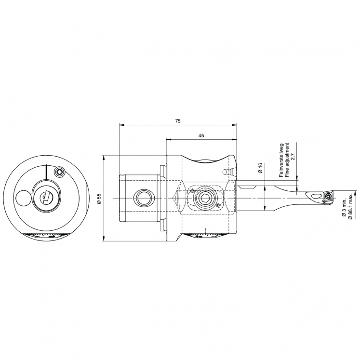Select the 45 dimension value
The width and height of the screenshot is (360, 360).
[201, 136]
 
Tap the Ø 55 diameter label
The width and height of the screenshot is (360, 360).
[99, 199]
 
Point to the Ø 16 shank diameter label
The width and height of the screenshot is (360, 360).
[260, 168]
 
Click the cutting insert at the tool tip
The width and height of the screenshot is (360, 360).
[329, 196]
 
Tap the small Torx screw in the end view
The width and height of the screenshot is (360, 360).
[59, 172]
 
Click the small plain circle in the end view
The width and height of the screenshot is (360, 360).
[22, 198]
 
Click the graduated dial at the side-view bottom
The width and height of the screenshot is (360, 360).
[202, 236]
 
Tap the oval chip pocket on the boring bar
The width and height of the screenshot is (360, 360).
[313, 196]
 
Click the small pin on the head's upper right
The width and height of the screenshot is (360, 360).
[225, 172]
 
